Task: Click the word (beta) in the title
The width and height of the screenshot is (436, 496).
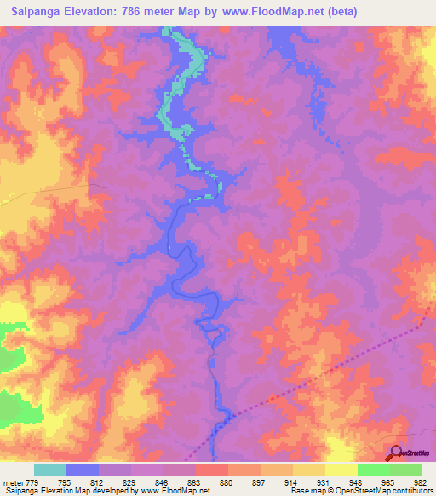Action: coord(339,12)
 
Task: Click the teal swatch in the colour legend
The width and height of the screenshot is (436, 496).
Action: coord(50,470)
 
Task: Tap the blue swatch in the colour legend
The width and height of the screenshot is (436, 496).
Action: coord(83,470)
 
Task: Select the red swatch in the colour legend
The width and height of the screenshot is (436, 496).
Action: coord(212,470)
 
